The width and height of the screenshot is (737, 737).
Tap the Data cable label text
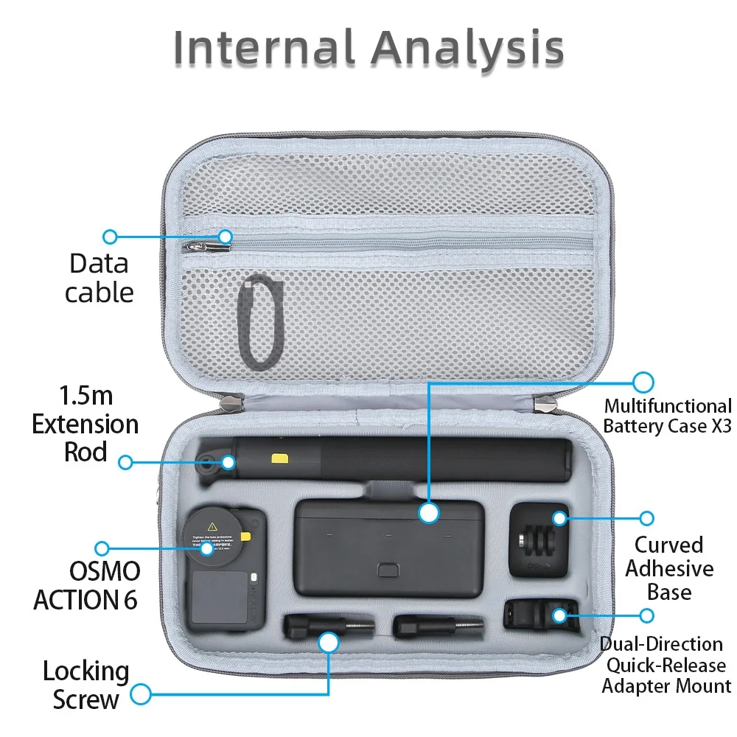click(99, 278)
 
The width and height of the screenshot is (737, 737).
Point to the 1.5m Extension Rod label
click(85, 425)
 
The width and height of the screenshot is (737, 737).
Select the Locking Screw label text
click(85, 685)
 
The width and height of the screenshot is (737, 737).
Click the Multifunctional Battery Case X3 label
click(667, 416)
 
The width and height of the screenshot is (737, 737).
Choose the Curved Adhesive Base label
click(669, 568)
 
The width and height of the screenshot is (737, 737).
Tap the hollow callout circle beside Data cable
click(111, 237)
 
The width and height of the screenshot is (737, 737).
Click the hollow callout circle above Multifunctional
click(643, 382)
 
